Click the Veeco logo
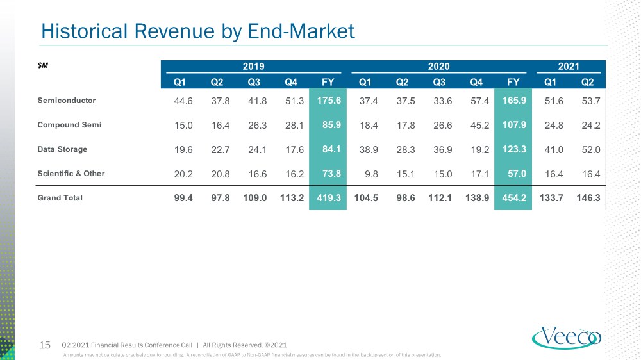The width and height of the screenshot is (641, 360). (566, 338)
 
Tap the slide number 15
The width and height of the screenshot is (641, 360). (45, 345)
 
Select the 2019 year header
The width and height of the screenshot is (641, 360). (253, 66)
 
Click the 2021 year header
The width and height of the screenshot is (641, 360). (569, 66)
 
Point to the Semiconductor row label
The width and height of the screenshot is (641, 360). (67, 101)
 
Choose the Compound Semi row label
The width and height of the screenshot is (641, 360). (69, 125)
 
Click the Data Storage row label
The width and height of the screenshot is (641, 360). (62, 149)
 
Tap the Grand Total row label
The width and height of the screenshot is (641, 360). (60, 198)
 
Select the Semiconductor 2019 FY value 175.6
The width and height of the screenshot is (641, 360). (329, 101)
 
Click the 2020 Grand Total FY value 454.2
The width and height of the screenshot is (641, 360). (514, 198)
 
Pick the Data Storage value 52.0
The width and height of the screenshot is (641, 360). (591, 150)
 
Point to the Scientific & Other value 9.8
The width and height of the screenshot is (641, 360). (371, 174)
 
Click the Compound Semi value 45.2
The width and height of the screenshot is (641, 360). (479, 126)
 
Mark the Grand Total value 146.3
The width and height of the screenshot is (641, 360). (588, 198)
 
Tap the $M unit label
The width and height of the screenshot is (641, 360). (43, 65)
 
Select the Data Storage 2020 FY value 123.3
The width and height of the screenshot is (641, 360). (514, 149)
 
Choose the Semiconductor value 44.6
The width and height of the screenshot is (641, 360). (183, 101)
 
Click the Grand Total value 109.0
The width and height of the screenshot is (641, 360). (254, 198)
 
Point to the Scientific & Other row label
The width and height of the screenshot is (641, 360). (71, 174)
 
